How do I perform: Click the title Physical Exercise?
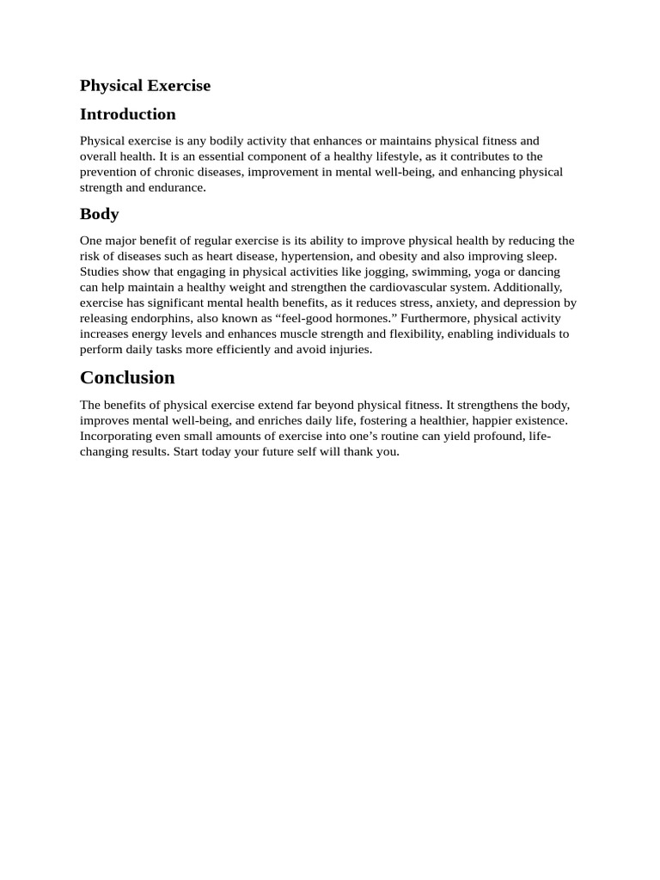[144, 86]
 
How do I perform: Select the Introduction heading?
[127, 114]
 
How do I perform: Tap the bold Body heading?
[99, 214]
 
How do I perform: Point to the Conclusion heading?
[127, 377]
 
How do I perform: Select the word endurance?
[177, 187]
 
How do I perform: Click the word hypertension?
[315, 256]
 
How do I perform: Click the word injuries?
[349, 349]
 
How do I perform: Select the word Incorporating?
[118, 436]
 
